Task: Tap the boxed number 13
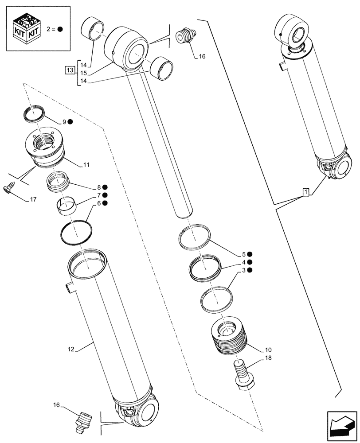point(69,70)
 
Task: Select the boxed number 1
point(306,192)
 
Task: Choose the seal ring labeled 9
point(34,113)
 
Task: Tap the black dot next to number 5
point(250,254)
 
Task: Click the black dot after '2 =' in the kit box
point(60,29)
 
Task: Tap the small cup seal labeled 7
point(67,206)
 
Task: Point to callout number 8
point(93,187)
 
